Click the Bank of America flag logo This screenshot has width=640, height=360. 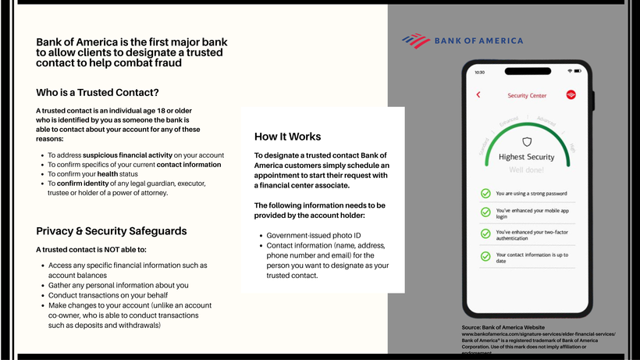pos(416,40)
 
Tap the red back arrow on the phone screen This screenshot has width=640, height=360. pos(478,95)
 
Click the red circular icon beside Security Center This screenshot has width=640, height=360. pos(571,95)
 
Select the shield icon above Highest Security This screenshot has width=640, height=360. pos(526,142)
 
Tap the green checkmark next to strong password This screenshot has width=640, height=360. pos(485,193)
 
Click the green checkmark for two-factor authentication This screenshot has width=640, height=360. pos(485,235)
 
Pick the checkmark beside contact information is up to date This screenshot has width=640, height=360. pos(485,257)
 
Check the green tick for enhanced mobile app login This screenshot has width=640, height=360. pos(485,212)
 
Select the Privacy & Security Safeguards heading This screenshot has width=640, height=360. pos(112,231)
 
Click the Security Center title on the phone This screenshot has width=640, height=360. pos(527,96)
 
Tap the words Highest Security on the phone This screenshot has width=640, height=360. pos(526,157)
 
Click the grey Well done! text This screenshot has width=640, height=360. pos(526,169)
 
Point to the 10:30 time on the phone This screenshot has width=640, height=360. pos(480,72)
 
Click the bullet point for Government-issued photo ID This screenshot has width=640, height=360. pos(260,235)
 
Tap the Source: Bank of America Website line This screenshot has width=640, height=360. pos(503,326)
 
